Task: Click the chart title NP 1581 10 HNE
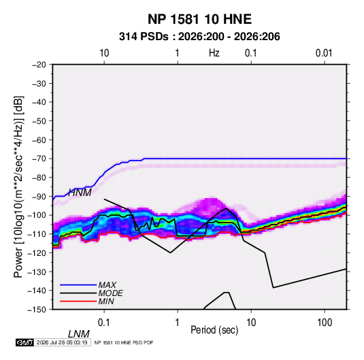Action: (199, 19)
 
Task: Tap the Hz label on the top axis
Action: (214, 53)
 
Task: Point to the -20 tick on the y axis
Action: (39, 65)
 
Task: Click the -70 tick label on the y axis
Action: (39, 159)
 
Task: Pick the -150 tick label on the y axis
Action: (37, 310)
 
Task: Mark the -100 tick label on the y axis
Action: (37, 215)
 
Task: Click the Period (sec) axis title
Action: (214, 330)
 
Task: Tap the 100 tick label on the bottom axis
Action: (325, 323)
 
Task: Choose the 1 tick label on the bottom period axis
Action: (178, 323)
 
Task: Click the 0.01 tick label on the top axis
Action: (324, 53)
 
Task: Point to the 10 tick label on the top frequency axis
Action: (104, 53)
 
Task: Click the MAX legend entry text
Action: (107, 285)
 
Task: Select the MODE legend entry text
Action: (110, 293)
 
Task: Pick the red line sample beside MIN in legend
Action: (78, 301)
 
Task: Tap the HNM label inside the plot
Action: (80, 193)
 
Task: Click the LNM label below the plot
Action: (78, 334)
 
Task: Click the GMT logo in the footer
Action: (25, 342)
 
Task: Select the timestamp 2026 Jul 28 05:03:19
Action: (62, 342)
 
